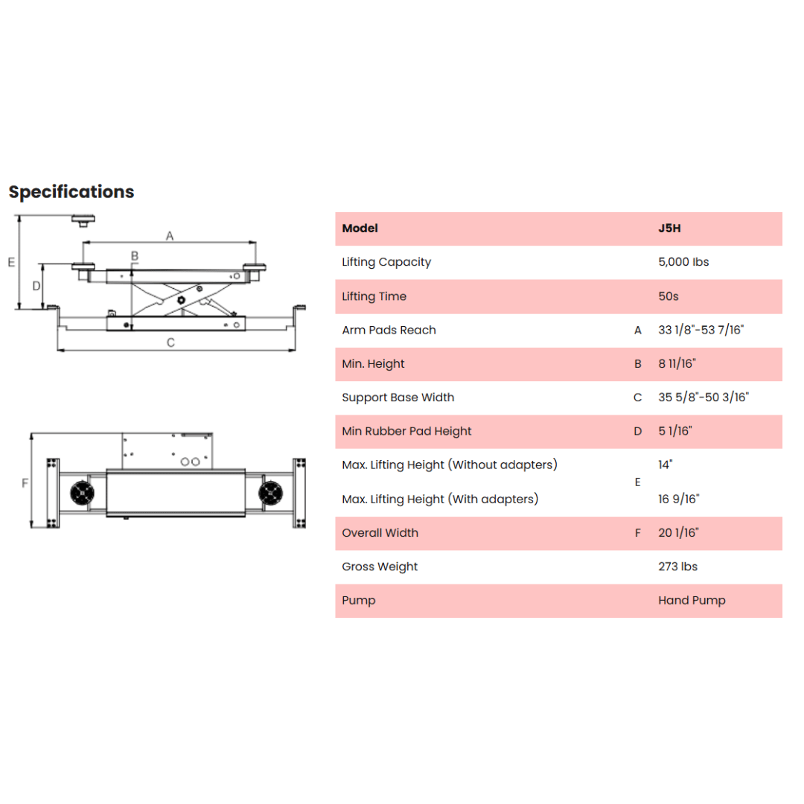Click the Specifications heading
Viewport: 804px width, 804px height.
point(71,192)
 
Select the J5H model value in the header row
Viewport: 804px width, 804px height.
point(670,229)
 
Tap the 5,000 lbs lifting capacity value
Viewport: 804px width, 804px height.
point(683,262)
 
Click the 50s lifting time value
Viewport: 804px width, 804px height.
point(668,296)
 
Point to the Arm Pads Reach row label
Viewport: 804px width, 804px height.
point(389,331)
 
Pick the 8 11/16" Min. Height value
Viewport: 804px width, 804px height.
point(677,363)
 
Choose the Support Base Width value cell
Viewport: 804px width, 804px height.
point(703,398)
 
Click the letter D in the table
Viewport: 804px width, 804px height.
point(638,431)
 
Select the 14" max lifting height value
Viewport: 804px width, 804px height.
point(665,465)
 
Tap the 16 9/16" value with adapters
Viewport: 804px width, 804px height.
point(678,499)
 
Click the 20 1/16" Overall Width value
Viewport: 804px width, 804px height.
point(678,533)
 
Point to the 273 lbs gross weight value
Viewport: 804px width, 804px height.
point(678,567)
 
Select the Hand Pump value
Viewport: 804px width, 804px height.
point(692,601)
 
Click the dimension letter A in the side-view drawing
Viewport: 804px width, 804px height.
point(170,236)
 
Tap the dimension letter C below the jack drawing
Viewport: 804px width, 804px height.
point(170,342)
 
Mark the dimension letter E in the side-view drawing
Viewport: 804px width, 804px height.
point(11,263)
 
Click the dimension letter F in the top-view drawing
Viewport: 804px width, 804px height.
point(25,483)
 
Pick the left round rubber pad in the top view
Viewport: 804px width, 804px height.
point(82,494)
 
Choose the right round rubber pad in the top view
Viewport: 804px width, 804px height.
point(270,494)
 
